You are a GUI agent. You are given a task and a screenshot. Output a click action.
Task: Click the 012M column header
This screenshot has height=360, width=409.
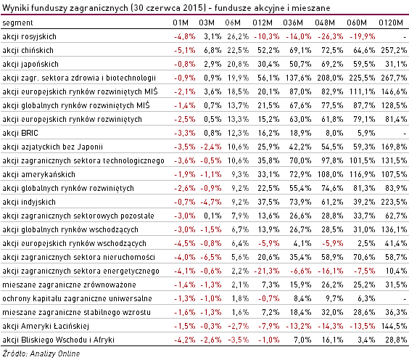click(x=263, y=22)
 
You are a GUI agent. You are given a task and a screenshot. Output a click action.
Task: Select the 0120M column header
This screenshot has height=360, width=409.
click(x=391, y=22)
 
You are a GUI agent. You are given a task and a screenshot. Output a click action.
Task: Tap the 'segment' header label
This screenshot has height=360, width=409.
click(x=17, y=23)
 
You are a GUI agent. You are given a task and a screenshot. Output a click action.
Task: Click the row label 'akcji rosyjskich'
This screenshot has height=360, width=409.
click(x=29, y=36)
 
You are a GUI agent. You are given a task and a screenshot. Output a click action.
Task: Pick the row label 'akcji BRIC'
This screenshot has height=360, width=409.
click(x=20, y=133)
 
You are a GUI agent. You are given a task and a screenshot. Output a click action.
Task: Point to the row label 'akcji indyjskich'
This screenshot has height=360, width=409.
click(x=29, y=202)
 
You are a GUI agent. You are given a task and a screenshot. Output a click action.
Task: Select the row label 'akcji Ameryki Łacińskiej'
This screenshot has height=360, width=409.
click(x=46, y=326)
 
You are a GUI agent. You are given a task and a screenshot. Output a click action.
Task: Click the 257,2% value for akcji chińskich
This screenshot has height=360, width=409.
click(x=394, y=50)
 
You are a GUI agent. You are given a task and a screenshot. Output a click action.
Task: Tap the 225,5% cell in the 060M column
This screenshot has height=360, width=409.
click(x=362, y=78)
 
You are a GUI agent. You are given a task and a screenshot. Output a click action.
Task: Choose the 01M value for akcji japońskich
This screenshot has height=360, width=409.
click(x=185, y=64)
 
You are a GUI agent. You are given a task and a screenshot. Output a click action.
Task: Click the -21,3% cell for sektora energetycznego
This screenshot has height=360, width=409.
click(x=267, y=271)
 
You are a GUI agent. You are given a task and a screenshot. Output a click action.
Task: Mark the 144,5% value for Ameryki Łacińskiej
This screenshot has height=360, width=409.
click(x=394, y=326)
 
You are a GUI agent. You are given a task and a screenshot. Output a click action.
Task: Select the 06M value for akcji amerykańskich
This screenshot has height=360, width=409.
click(x=240, y=174)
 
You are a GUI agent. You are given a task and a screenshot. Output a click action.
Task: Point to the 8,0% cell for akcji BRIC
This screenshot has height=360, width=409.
click(x=334, y=133)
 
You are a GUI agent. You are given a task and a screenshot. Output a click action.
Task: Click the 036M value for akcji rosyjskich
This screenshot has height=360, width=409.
click(x=299, y=36)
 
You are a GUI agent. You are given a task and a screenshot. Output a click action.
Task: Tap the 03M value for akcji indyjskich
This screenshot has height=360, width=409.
click(x=211, y=202)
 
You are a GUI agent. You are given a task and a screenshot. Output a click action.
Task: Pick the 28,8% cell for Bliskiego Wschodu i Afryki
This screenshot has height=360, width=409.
click(x=396, y=340)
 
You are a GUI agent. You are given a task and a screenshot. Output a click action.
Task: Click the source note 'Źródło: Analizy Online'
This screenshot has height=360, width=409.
click(x=41, y=353)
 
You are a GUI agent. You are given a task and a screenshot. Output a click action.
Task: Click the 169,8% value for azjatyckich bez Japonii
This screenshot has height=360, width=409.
click(x=394, y=147)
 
